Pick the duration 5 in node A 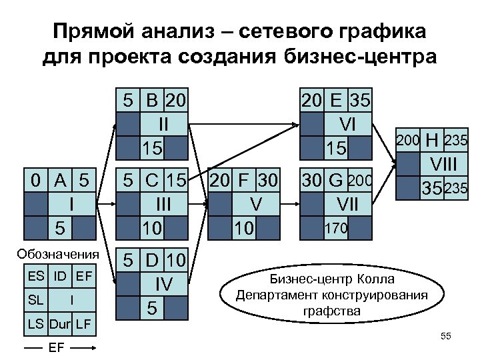point(60,227)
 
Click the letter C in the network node point(152,181)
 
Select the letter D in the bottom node point(152,261)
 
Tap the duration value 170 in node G point(335,228)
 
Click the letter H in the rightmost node point(433,141)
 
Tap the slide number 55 point(446,337)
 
